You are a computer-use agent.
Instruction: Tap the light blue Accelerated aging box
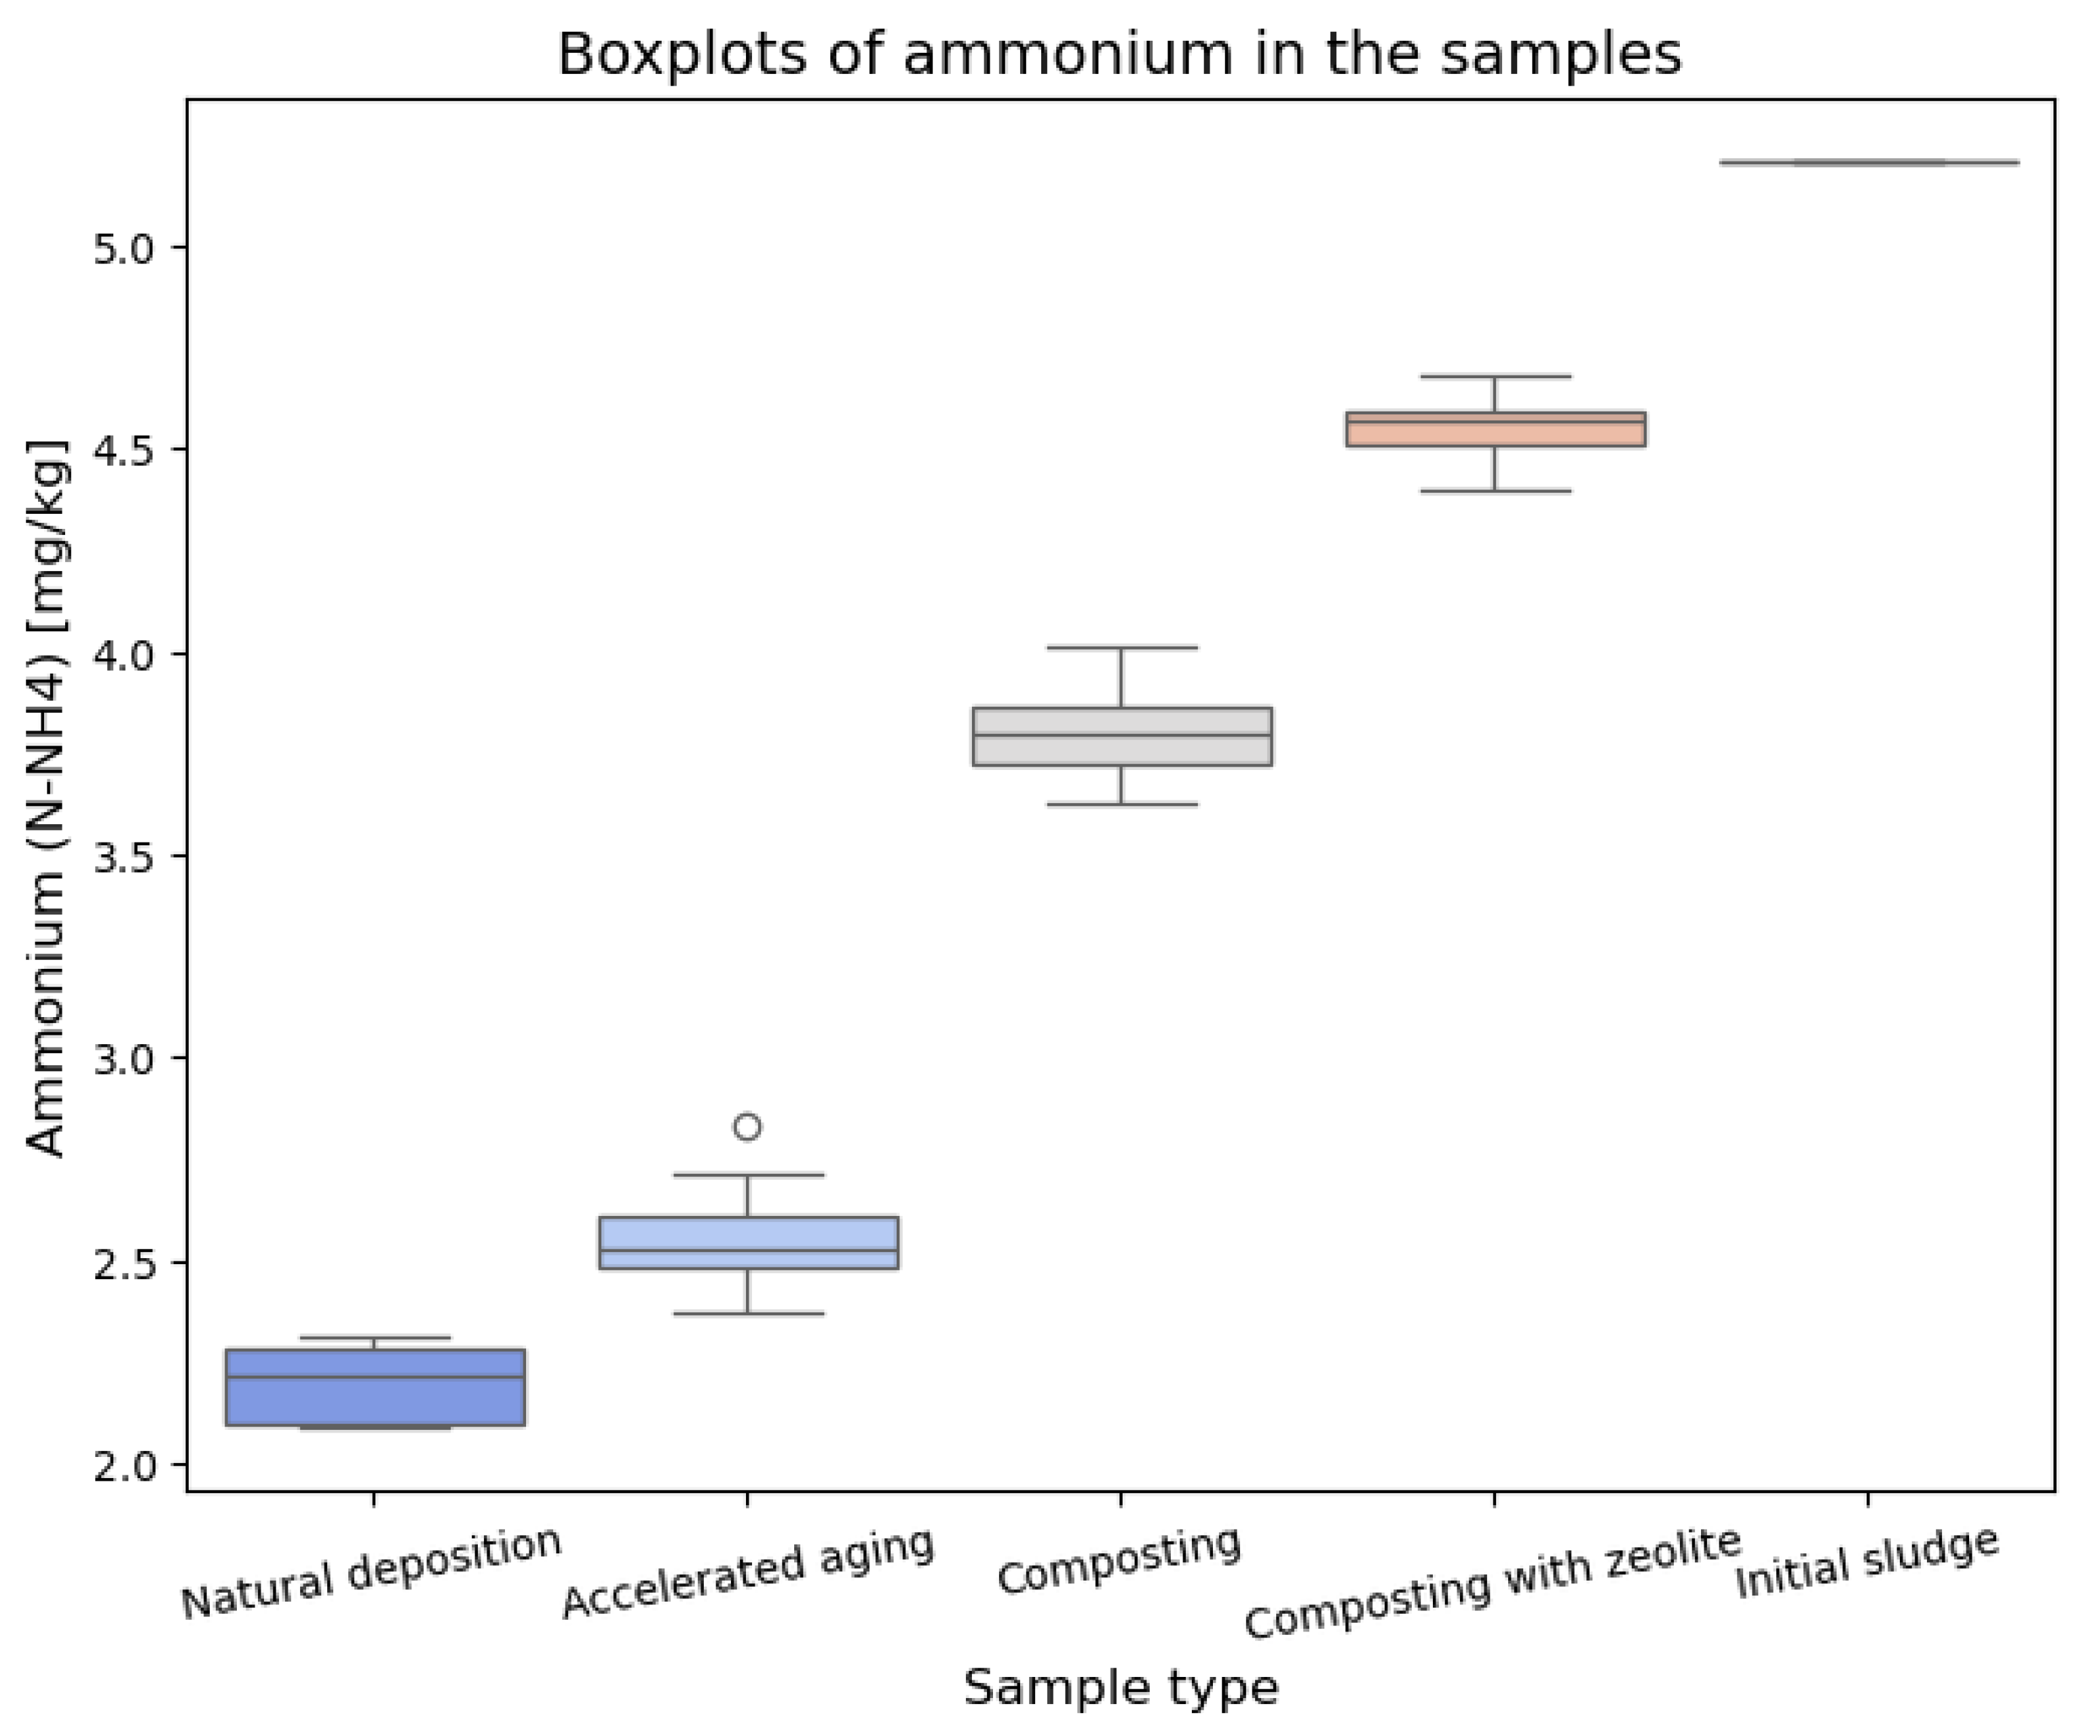click(x=749, y=1242)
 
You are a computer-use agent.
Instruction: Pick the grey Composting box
click(x=1121, y=736)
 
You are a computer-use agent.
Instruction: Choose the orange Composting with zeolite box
click(x=1495, y=429)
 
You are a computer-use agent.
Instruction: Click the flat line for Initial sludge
click(x=1869, y=162)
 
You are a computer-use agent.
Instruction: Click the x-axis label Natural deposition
click(x=372, y=1574)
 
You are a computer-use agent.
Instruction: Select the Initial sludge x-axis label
click(x=1867, y=1564)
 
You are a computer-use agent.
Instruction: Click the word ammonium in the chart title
click(x=1068, y=54)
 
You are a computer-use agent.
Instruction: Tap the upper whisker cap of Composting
click(x=1121, y=648)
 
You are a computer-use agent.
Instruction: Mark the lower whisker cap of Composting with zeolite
click(x=1495, y=491)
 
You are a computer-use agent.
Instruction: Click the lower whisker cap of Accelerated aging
click(x=748, y=1314)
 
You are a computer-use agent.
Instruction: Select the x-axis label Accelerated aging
click(x=748, y=1574)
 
